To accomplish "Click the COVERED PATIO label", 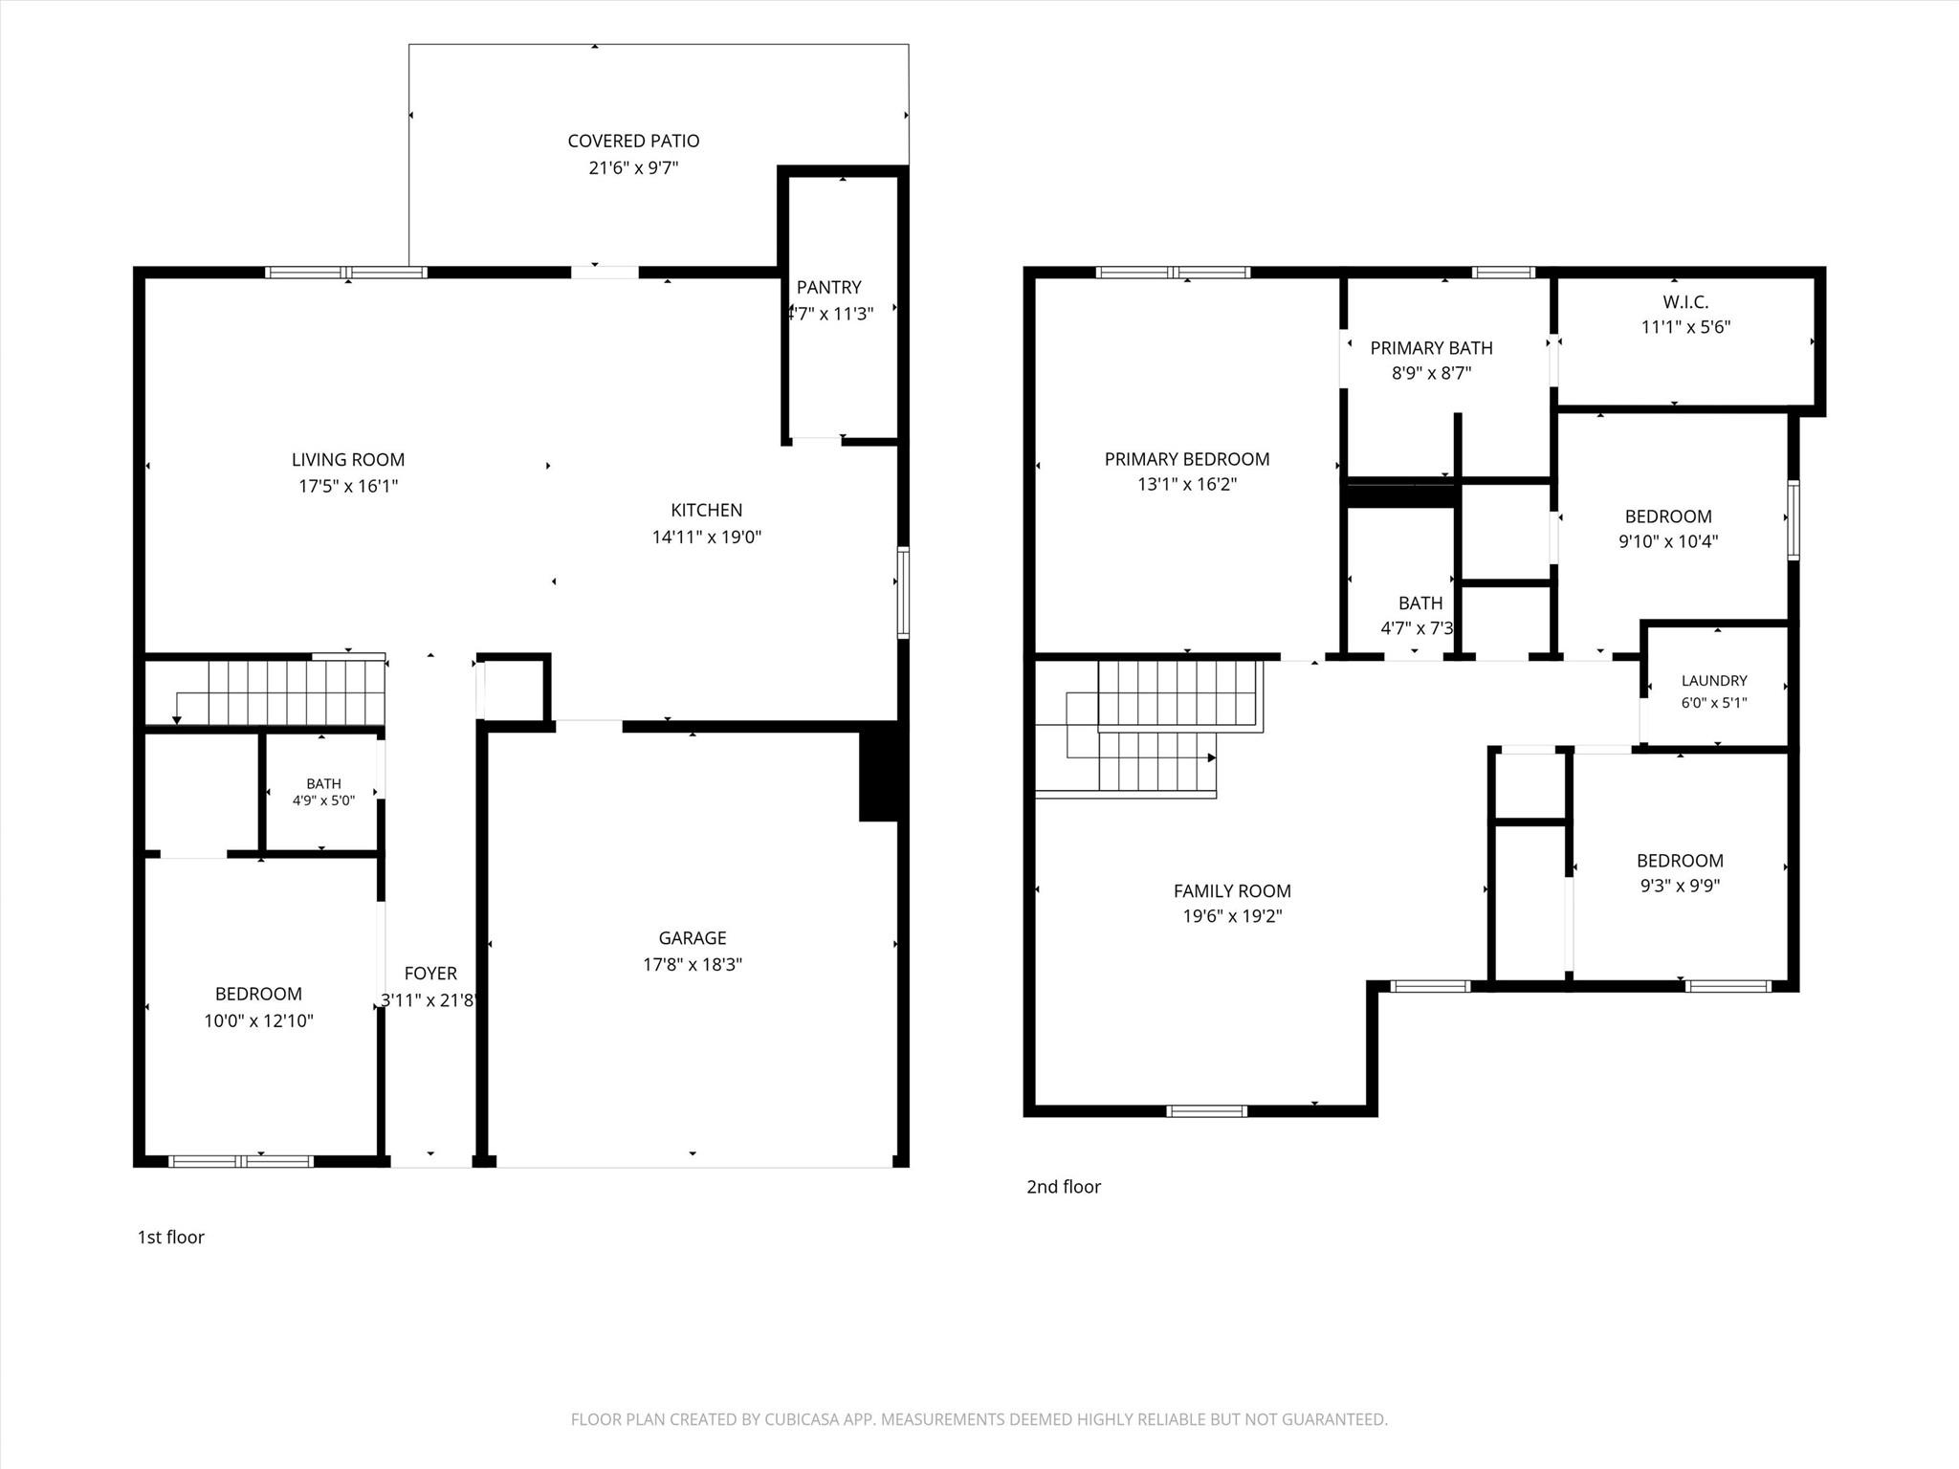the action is pos(633,141).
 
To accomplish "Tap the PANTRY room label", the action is pos(828,287).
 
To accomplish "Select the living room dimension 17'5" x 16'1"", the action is pos(348,486).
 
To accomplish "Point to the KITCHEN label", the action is pos(706,510).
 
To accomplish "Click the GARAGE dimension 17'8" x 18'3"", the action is pos(693,964).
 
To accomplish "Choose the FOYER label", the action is pos(430,973).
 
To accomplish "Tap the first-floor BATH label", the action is pos(323,783).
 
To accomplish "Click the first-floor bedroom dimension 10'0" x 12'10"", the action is pos(258,1020).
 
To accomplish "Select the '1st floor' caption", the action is pos(171,1237).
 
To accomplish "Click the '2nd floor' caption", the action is pos(1064,1186).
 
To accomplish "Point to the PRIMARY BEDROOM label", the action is pos(1187,459).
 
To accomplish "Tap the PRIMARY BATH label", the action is pos(1431,348).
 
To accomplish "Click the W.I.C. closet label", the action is pos(1685,301).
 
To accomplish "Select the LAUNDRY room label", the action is pos(1714,680).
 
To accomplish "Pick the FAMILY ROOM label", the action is pos(1232,890).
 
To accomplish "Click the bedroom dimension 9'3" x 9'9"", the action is pos(1680,886).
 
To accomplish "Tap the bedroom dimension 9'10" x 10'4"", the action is pos(1668,541).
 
